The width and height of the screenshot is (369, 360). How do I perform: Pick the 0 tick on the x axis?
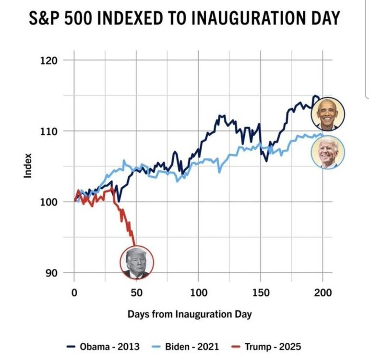coord(74,292)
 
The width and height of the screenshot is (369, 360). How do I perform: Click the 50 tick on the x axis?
coord(136,292)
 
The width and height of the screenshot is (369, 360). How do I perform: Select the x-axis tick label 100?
coord(198,292)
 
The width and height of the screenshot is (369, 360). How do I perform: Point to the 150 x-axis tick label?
coord(261,292)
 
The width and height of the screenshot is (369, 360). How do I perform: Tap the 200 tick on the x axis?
coord(322,292)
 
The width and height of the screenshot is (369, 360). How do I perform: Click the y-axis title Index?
coord(28,166)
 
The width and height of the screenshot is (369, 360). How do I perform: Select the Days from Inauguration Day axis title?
coord(190,314)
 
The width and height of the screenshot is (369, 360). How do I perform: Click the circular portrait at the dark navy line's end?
coord(328,114)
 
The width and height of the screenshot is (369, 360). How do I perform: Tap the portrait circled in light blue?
coord(328,152)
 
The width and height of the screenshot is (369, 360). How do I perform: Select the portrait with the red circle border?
coord(137,263)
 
